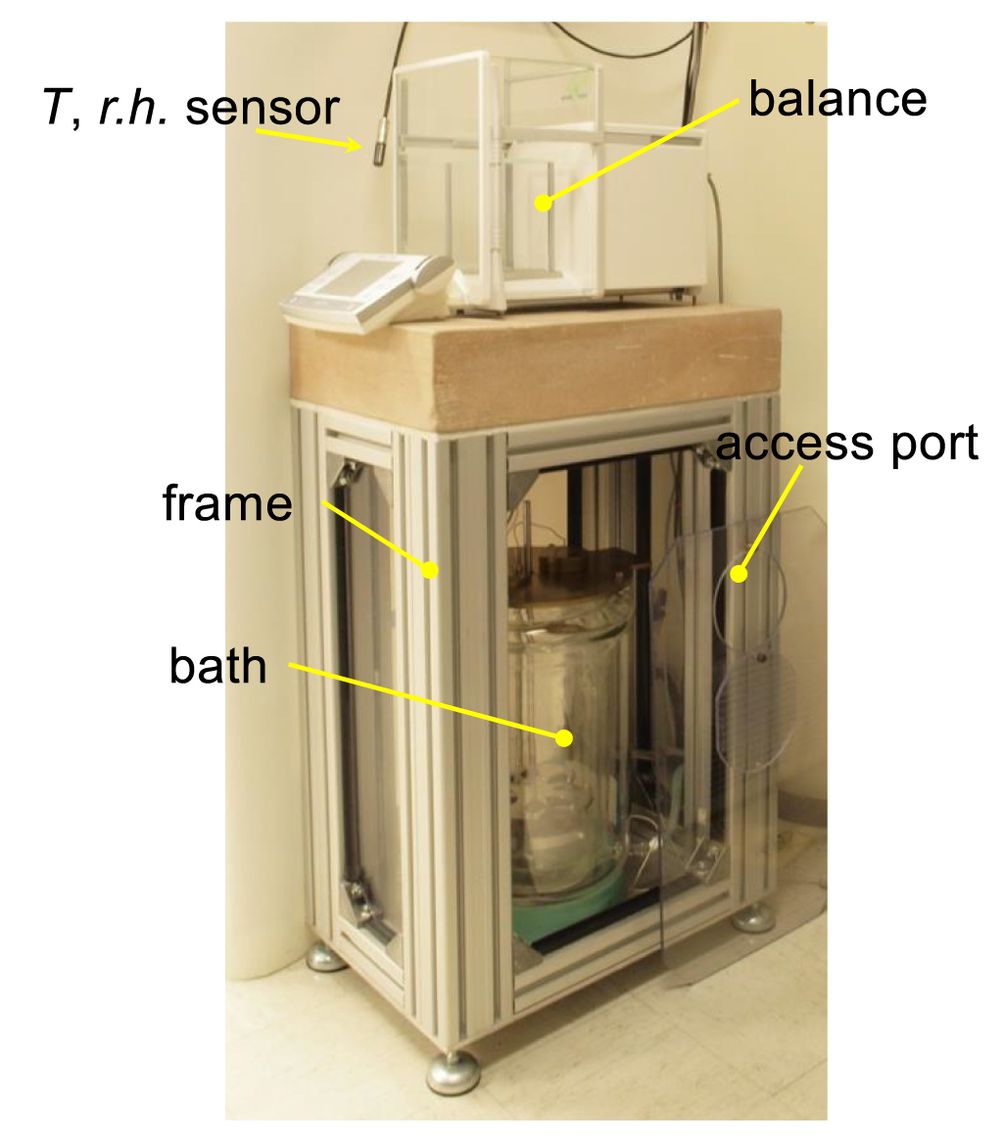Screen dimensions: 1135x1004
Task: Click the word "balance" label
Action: click(x=837, y=100)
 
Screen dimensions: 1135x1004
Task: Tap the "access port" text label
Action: click(x=847, y=444)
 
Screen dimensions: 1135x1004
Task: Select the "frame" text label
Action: click(x=227, y=503)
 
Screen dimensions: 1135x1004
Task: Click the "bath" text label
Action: click(x=217, y=666)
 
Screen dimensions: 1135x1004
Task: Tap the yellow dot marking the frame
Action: click(x=428, y=569)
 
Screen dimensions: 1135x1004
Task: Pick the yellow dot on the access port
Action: click(x=740, y=574)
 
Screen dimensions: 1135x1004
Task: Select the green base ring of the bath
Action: click(x=568, y=896)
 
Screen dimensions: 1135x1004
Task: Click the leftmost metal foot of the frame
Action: click(x=326, y=957)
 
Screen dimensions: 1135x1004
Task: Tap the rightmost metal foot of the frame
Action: click(x=753, y=919)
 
